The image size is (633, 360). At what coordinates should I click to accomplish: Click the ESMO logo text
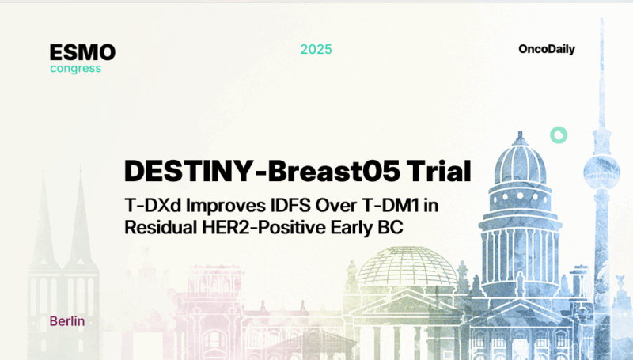click(x=82, y=52)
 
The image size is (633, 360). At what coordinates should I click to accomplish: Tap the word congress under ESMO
click(x=75, y=68)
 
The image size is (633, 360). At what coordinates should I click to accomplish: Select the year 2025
click(x=316, y=49)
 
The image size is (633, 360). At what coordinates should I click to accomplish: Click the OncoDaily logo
click(x=547, y=49)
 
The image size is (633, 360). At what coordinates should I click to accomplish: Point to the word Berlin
click(x=66, y=322)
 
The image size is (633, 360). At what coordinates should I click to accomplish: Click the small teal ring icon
click(x=559, y=135)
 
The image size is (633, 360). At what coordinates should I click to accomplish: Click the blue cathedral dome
click(x=519, y=162)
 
